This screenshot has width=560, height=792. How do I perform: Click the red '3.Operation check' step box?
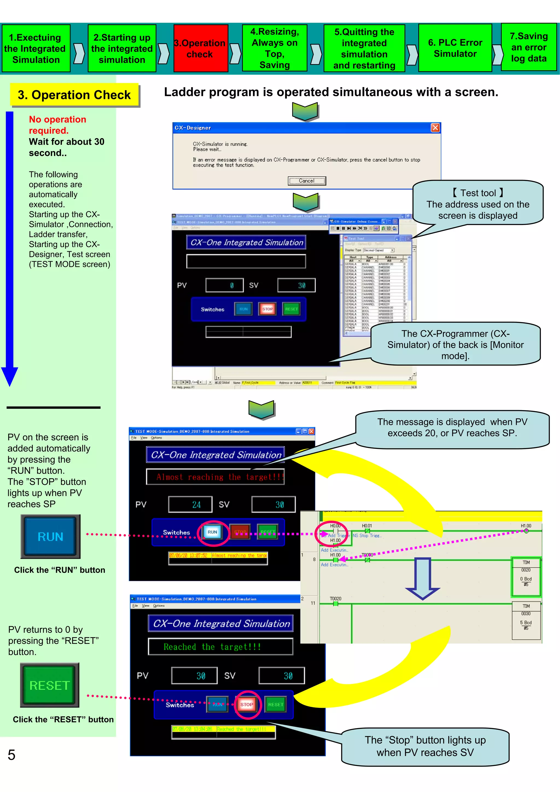click(200, 48)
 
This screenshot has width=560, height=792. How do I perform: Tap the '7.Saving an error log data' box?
click(529, 47)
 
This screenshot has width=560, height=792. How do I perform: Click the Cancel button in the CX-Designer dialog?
click(307, 181)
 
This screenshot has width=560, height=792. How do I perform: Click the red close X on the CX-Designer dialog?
click(435, 128)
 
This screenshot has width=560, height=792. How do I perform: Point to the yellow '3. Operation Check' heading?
click(74, 95)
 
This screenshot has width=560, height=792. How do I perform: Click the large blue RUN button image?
click(50, 536)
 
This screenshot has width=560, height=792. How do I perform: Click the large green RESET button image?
click(50, 685)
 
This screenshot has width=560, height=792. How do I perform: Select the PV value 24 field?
click(190, 505)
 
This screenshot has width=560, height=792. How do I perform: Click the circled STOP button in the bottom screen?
click(247, 705)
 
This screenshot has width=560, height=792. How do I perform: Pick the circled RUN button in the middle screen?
click(212, 532)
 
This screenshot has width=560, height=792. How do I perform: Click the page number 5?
click(12, 755)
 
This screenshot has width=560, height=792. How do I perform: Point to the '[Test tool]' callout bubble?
click(478, 204)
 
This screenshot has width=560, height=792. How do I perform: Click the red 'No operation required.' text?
click(57, 125)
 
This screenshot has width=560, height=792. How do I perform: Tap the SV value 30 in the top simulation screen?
click(296, 285)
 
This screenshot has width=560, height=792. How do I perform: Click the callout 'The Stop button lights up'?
click(425, 746)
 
